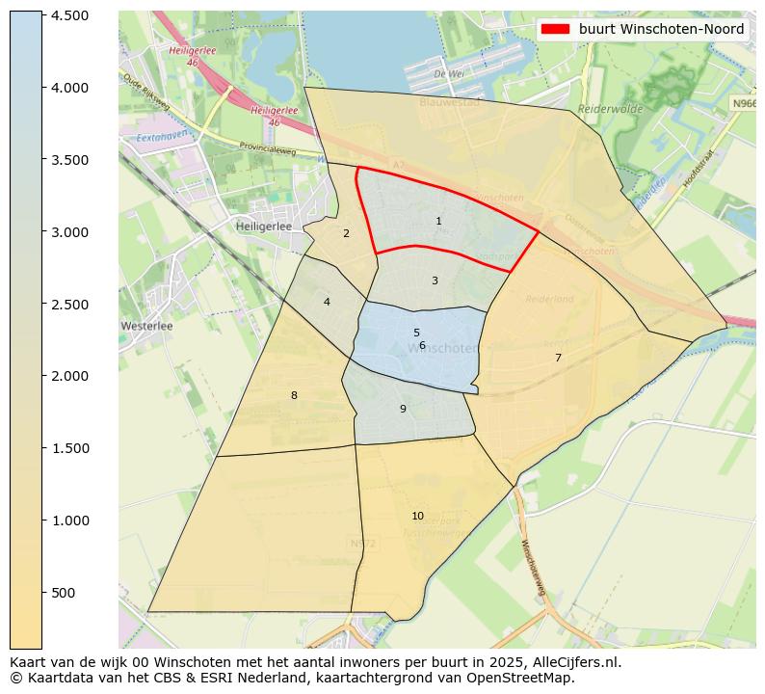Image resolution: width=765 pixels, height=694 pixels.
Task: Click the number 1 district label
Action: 438,222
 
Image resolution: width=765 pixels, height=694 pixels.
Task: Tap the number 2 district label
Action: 346,233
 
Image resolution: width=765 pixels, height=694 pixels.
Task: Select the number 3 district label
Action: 435,281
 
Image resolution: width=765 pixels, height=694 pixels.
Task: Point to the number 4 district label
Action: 327,302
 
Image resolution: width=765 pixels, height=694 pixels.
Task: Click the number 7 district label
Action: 558,358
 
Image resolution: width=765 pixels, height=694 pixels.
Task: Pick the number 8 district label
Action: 294,395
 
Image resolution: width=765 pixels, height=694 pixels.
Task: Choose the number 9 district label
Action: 403,409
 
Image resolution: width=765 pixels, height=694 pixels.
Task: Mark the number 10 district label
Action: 417,516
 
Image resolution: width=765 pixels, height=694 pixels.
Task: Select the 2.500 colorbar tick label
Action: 69,305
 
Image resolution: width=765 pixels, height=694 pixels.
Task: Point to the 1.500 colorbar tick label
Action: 69,448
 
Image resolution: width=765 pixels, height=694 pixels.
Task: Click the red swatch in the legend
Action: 556,30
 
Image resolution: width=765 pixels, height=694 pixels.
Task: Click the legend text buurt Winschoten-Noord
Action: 661,30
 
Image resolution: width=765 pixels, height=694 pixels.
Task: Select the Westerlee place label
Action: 146,326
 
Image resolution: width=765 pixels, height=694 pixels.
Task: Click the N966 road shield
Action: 742,103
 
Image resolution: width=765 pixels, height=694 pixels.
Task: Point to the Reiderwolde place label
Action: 610,110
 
